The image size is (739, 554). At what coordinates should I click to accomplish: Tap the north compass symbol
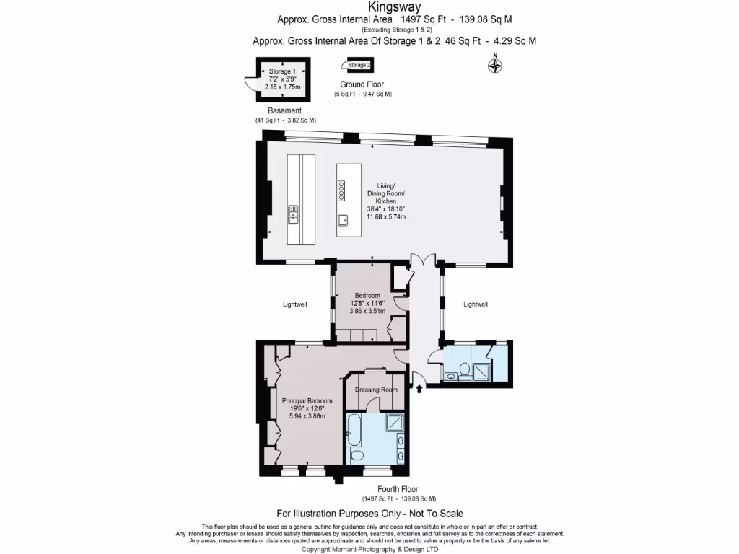tap(495, 66)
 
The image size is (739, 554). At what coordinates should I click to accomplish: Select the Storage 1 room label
tap(281, 72)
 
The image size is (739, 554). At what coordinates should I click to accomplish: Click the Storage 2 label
tap(359, 65)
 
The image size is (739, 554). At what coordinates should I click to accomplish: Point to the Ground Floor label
tap(362, 84)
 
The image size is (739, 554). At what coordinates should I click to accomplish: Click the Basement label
tap(284, 110)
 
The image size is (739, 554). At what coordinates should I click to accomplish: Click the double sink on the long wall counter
tap(294, 211)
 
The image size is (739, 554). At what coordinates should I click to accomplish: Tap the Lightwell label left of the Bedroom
tap(294, 304)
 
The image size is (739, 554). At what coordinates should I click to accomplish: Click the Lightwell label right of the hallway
tap(475, 304)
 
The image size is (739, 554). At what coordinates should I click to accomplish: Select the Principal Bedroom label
tap(307, 401)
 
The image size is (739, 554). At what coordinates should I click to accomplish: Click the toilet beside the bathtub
tap(357, 456)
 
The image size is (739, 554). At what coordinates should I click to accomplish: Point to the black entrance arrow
tap(419, 390)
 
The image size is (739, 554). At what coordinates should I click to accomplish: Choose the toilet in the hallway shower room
tap(464, 371)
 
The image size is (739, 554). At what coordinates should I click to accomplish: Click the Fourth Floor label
tap(398, 489)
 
